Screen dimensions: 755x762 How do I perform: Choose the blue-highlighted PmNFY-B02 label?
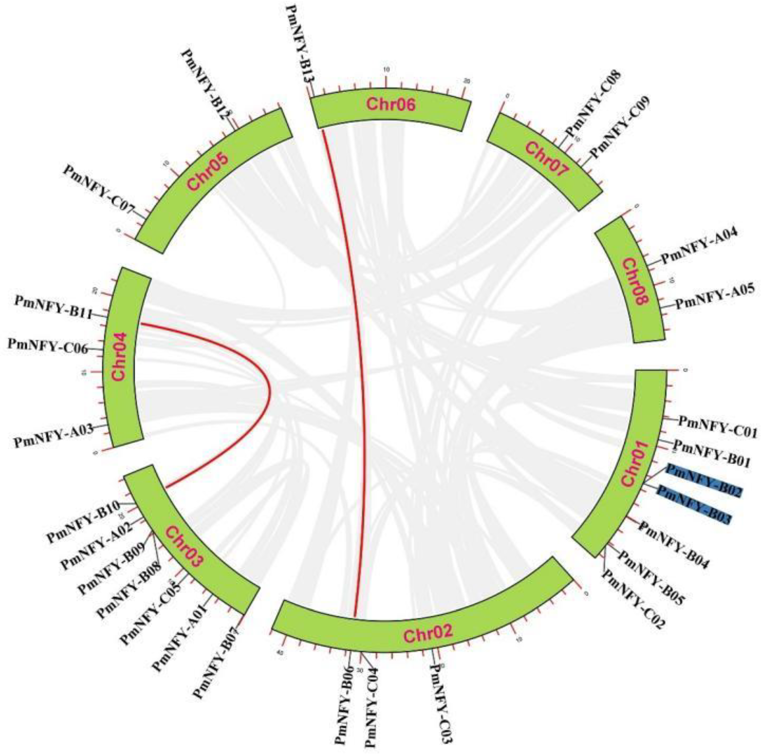[704, 480]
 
